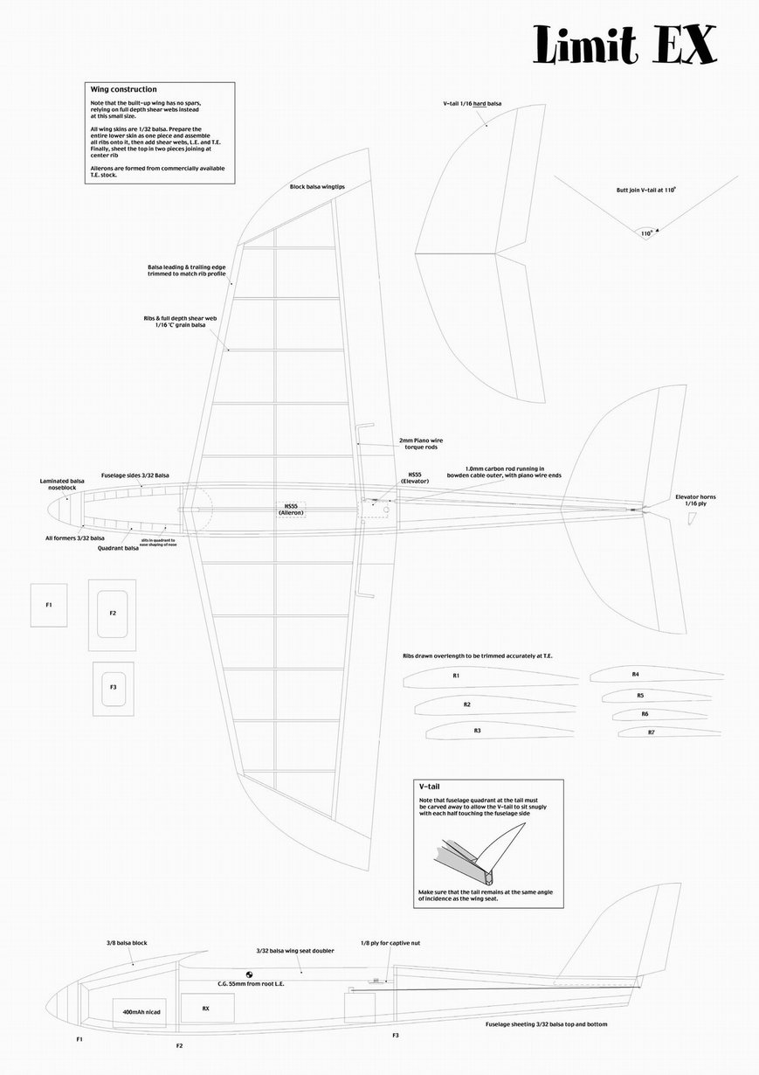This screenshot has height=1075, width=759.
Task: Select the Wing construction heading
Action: click(124, 89)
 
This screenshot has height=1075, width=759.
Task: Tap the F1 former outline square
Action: click(49, 605)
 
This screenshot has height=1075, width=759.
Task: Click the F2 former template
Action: click(113, 614)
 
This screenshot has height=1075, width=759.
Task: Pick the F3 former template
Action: click(114, 688)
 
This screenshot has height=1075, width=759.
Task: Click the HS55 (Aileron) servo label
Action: click(291, 509)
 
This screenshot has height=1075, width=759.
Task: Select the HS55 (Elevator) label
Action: click(413, 478)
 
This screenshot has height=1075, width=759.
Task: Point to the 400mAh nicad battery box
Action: click(141, 1011)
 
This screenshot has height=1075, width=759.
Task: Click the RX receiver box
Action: click(206, 1008)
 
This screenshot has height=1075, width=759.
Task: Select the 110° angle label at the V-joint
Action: click(646, 233)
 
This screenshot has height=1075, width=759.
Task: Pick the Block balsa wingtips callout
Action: click(316, 187)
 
